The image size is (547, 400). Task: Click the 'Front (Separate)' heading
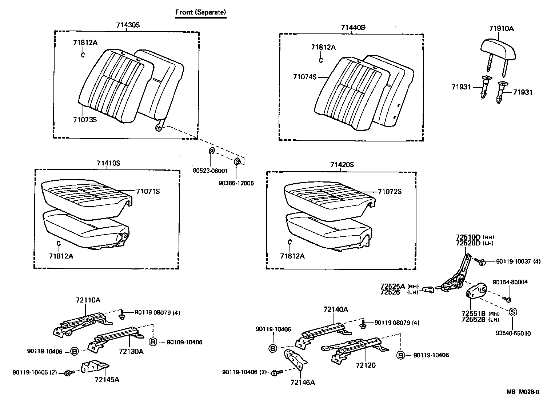click(x=201, y=12)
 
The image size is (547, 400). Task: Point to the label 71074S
click(x=305, y=77)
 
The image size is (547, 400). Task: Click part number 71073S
click(x=85, y=119)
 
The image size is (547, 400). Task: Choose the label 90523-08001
click(x=210, y=171)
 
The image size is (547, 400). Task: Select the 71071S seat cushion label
click(x=148, y=191)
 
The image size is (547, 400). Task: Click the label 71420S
click(x=342, y=165)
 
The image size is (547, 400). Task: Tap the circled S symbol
click(x=512, y=312)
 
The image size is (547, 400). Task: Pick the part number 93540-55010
click(x=513, y=333)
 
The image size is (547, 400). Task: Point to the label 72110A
click(x=88, y=300)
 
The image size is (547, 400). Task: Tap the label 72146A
click(x=303, y=382)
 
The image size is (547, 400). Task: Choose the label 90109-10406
click(x=184, y=342)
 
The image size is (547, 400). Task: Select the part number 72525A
click(x=392, y=286)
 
